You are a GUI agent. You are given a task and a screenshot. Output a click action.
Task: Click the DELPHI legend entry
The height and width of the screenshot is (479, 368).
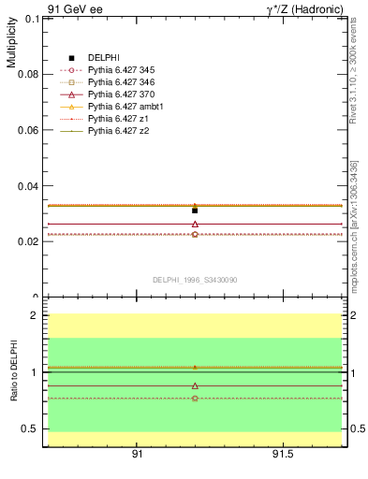(x=103, y=58)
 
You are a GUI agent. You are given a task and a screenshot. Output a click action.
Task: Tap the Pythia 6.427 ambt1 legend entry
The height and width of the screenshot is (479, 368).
(x=121, y=107)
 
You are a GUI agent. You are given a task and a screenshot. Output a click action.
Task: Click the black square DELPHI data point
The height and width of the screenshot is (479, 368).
(x=195, y=210)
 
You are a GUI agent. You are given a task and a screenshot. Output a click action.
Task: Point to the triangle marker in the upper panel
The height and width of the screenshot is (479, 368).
(x=195, y=224)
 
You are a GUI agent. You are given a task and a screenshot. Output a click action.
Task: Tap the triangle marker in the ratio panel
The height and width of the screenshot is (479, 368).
(x=195, y=385)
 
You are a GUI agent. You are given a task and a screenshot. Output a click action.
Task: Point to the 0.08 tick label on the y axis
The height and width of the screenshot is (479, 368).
(x=26, y=74)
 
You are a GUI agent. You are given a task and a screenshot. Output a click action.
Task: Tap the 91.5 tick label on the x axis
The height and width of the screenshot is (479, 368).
(x=283, y=455)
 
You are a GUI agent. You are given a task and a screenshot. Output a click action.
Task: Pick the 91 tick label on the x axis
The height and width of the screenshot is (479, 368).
(x=137, y=455)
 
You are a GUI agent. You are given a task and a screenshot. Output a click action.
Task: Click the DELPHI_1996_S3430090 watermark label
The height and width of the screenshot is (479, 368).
(x=194, y=280)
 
